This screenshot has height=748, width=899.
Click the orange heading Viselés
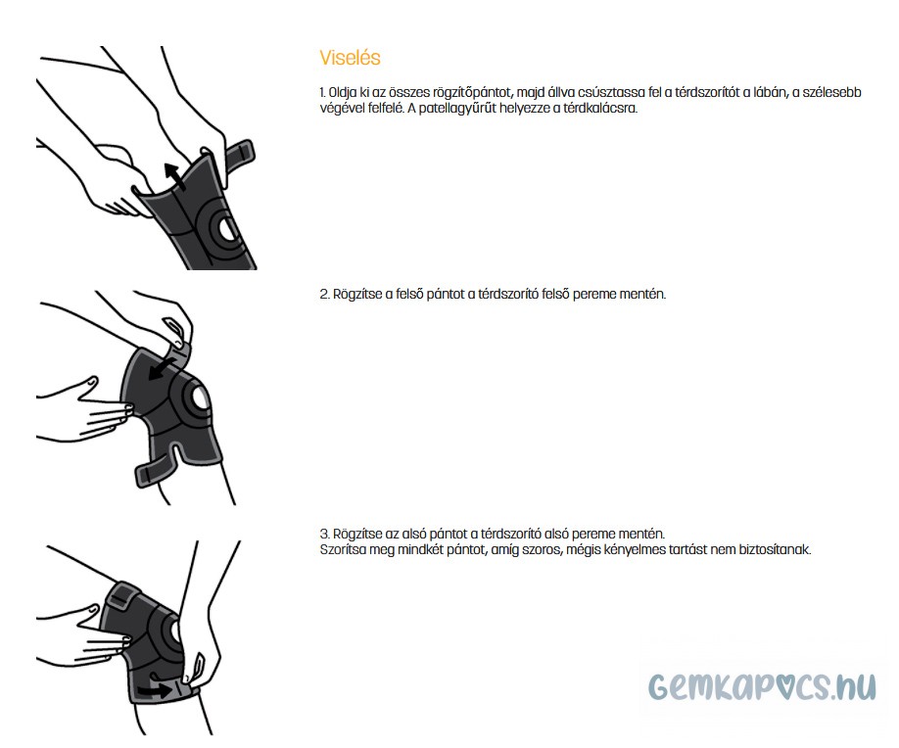[350, 58]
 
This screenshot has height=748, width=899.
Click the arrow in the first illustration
[175, 175]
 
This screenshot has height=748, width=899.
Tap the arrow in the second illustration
[163, 368]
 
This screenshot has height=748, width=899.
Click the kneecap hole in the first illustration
[226, 229]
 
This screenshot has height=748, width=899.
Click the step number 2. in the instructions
[324, 295]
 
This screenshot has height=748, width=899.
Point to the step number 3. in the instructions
[324, 535]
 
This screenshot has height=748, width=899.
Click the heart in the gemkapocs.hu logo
[795, 685]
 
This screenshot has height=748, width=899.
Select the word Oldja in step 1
[343, 92]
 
